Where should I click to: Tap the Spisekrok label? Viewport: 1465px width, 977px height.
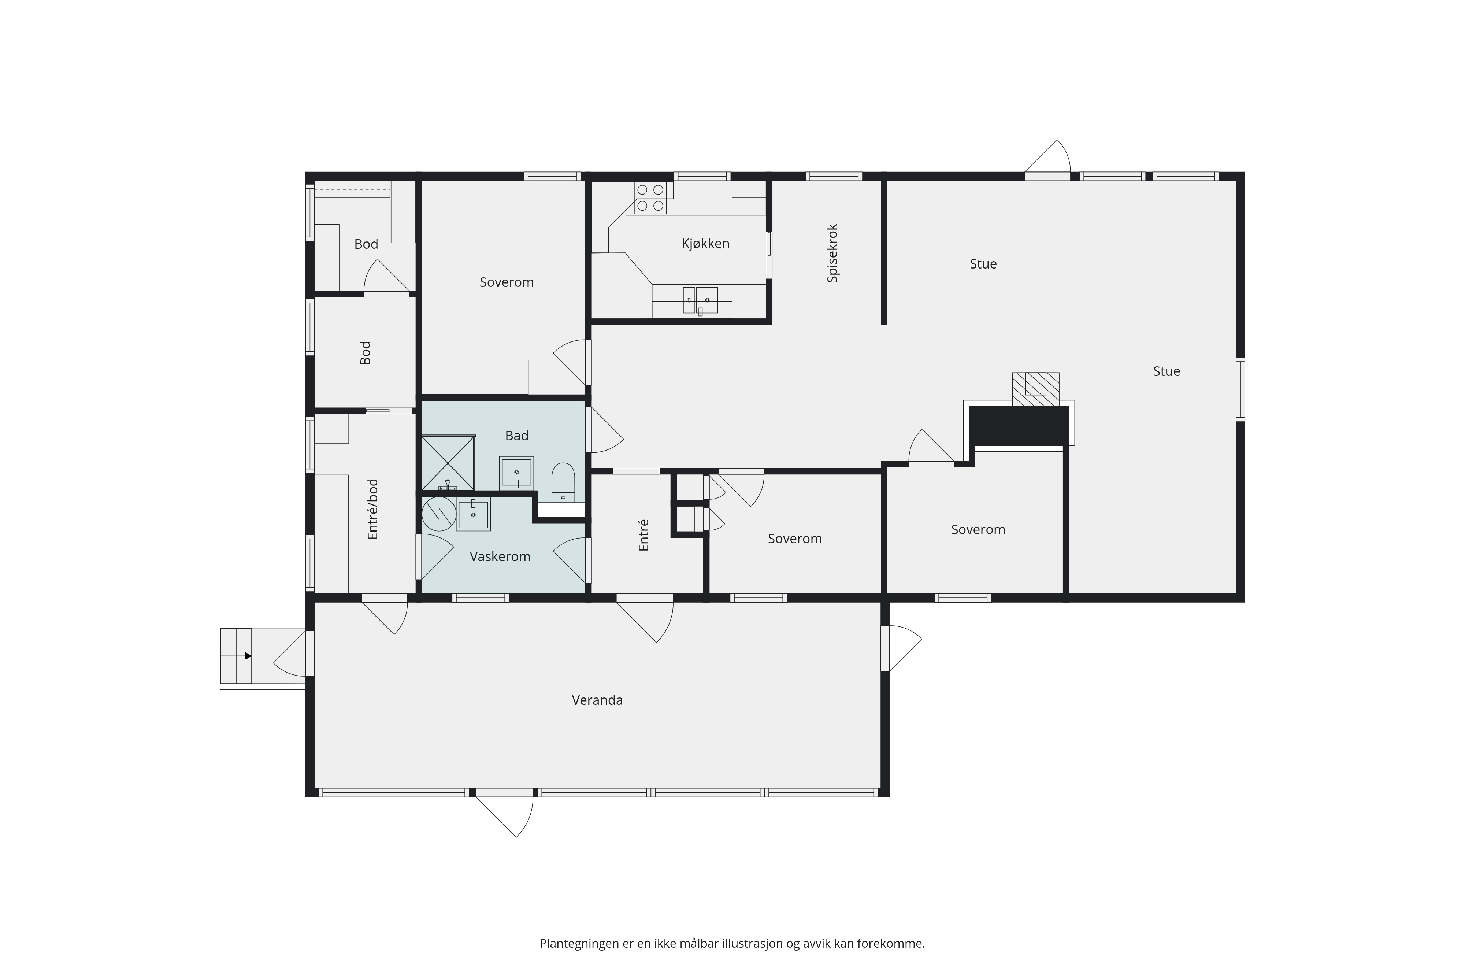tap(833, 253)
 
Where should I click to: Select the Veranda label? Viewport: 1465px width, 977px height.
tap(597, 700)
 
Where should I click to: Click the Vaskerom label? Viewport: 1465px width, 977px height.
tap(500, 556)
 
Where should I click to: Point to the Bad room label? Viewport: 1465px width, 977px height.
tap(516, 436)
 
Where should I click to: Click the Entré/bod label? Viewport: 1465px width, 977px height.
tap(372, 509)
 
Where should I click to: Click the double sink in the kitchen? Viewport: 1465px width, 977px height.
tap(700, 300)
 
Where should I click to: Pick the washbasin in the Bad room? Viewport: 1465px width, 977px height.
tap(516, 473)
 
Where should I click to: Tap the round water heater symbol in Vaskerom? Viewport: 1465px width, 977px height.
tap(438, 514)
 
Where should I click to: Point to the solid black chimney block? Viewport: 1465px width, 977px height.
tap(1019, 426)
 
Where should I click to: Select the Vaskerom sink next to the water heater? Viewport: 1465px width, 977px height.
tap(473, 514)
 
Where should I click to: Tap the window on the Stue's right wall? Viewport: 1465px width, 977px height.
tap(1240, 389)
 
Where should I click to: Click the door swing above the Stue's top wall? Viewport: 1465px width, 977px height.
tap(1048, 156)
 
